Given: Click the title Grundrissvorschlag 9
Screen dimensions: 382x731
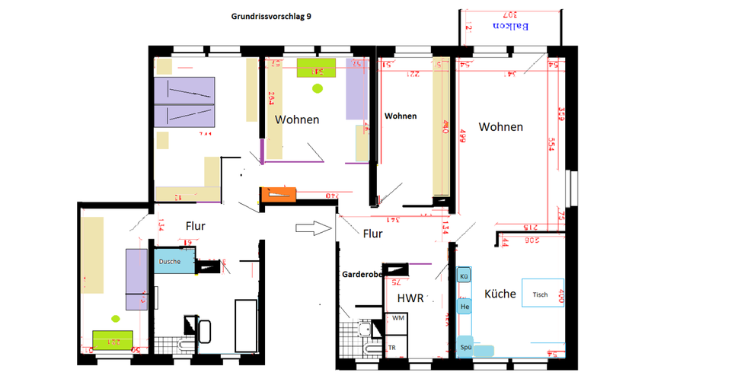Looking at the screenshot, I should (270, 16).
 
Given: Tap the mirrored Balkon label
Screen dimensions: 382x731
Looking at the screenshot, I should (512, 27).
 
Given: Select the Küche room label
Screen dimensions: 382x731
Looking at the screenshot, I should (500, 294).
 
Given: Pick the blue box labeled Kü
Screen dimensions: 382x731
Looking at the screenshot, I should (463, 275).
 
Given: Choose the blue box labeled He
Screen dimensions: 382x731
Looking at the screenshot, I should (464, 306).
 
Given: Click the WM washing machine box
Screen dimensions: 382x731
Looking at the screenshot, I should (397, 318).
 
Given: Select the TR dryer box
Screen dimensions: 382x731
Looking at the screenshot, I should (392, 348).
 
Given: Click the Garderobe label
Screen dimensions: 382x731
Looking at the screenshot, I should (361, 273).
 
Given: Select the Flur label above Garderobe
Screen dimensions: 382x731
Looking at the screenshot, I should (372, 234).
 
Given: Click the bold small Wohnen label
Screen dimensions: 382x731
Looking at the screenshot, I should (401, 116).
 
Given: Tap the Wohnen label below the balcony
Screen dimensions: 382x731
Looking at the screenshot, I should (500, 127).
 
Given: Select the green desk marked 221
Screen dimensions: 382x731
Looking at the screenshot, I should (114, 339).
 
